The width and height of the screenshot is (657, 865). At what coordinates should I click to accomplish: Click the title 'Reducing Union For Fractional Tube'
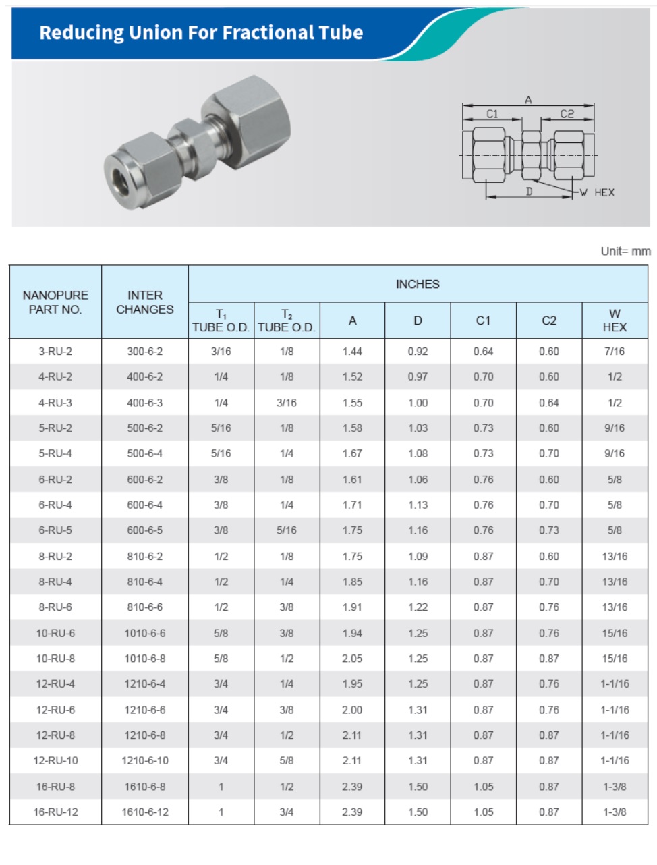(201, 32)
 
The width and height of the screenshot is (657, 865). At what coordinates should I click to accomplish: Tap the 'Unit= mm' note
(625, 251)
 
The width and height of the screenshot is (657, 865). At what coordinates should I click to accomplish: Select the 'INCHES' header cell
(418, 284)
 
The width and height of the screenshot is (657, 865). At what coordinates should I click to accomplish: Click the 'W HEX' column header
(615, 320)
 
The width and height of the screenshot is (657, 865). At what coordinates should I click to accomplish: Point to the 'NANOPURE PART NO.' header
(55, 302)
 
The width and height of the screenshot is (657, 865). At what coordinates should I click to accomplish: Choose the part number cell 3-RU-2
(55, 352)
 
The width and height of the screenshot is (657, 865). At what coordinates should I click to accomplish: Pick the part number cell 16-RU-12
(55, 812)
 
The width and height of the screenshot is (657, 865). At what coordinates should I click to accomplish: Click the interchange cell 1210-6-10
(145, 760)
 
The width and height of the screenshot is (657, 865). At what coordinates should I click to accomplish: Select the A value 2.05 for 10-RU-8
(352, 659)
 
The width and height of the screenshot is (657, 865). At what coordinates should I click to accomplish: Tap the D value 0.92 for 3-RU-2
(418, 352)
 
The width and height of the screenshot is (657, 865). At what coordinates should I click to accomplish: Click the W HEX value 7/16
(615, 352)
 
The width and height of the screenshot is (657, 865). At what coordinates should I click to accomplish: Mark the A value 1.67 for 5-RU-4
(352, 453)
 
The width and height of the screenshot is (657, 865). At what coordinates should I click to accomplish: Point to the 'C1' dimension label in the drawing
(492, 114)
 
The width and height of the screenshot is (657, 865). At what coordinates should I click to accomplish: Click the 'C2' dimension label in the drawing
(567, 114)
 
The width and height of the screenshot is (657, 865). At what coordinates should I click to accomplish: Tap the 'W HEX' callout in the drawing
(598, 193)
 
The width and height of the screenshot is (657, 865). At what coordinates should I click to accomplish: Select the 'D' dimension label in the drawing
(530, 192)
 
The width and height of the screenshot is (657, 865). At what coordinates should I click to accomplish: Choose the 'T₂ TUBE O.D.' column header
(287, 320)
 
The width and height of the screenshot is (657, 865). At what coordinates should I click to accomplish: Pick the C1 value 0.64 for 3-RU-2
(483, 352)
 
